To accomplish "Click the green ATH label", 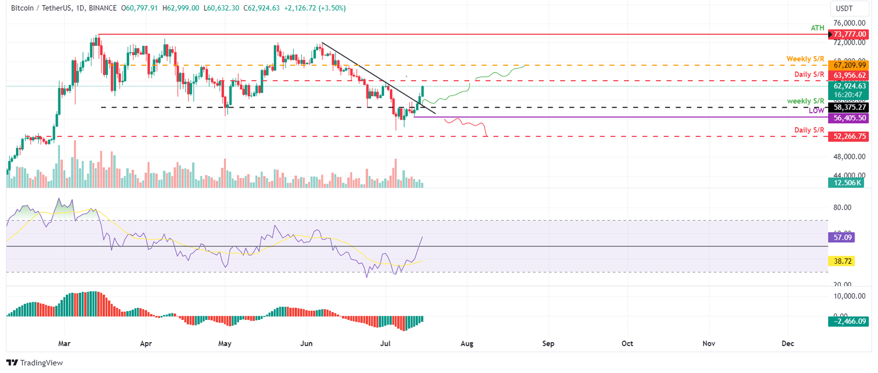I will tap(817, 28).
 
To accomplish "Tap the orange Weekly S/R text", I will tap(805, 59).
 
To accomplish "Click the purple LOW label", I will tap(816, 110).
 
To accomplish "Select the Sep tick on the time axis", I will tap(548, 344).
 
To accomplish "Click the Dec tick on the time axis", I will tap(788, 344).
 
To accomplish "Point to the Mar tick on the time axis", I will tap(65, 344).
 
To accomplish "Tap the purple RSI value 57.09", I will tap(840, 236).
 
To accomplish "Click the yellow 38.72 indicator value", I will tap(840, 260).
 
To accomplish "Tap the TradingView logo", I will tap(34, 363).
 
